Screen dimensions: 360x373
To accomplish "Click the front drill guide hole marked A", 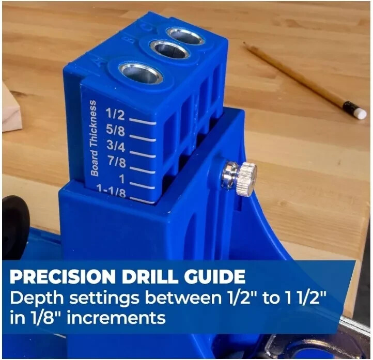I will coord(140,73).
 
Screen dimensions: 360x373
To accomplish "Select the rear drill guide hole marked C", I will coord(185,35).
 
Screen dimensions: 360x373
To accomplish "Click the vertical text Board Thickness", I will coord(93,138).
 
